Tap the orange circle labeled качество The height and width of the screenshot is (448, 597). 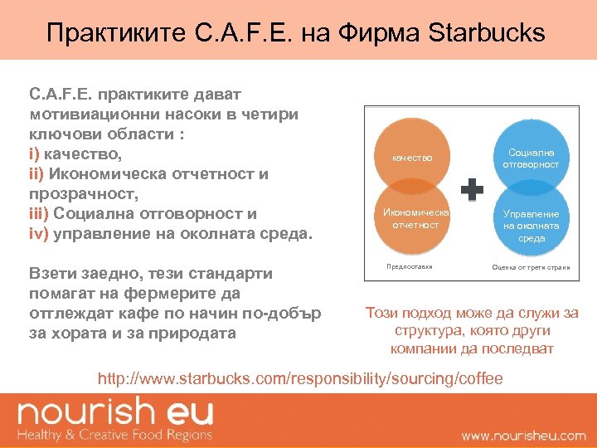point(412,158)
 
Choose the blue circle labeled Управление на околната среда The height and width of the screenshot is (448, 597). point(531,224)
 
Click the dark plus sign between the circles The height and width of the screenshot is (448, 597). point(472,190)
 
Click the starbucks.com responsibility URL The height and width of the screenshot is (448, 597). point(300,379)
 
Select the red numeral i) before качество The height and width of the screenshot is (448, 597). point(34,153)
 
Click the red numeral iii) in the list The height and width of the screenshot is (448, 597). point(39,213)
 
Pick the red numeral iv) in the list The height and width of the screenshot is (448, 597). point(39,233)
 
